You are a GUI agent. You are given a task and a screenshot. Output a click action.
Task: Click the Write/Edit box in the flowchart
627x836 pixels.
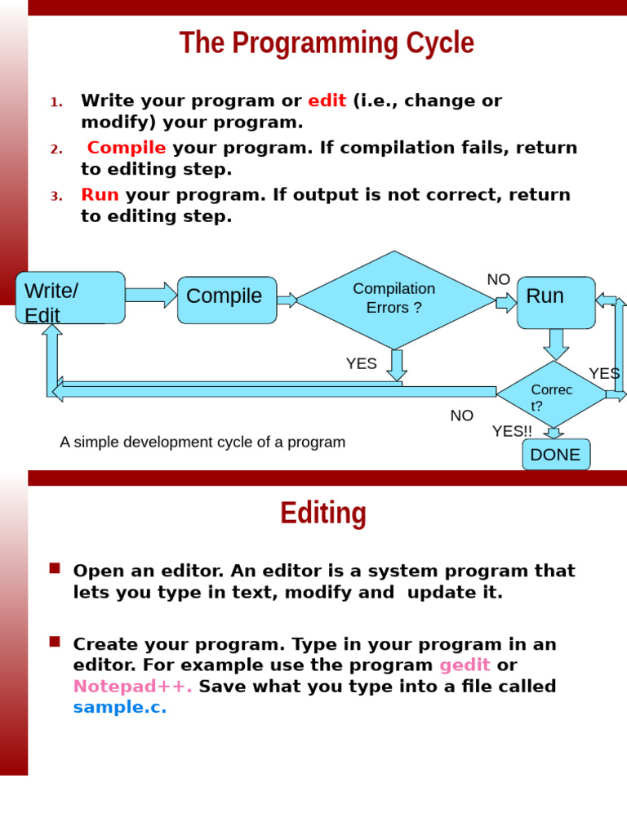[70, 298]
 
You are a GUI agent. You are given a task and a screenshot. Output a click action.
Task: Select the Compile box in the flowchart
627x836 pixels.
[227, 300]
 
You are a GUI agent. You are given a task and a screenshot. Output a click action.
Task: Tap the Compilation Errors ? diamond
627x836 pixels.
[395, 299]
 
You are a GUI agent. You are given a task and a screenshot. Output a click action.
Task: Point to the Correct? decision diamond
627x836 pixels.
[552, 396]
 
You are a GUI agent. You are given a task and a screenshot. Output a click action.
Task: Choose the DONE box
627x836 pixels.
[556, 455]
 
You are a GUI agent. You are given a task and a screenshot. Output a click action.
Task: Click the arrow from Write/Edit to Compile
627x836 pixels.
[151, 295]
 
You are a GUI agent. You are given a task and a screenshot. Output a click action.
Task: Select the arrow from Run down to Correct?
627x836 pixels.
[556, 344]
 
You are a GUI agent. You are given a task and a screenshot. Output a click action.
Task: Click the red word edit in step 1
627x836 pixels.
[327, 101]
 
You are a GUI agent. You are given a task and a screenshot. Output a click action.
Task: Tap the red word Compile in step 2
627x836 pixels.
[127, 148]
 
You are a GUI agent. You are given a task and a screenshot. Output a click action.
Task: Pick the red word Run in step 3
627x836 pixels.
[100, 195]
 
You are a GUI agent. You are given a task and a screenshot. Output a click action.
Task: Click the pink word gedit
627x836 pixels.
[465, 665]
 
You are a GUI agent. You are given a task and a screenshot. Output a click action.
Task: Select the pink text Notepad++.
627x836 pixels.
[132, 687]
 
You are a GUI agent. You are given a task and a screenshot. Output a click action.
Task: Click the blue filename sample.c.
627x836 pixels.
[119, 708]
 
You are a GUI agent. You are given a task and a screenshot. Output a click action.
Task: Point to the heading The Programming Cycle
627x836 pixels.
[327, 43]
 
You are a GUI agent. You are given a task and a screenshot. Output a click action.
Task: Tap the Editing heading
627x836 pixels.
[323, 514]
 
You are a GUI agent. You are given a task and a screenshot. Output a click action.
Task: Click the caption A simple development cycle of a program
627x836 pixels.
[202, 442]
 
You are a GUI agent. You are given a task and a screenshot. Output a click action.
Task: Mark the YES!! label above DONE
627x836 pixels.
[512, 431]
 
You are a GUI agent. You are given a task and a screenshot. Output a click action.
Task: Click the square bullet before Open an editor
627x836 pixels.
[55, 568]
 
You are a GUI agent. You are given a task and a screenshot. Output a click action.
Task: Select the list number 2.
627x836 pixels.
[56, 149]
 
